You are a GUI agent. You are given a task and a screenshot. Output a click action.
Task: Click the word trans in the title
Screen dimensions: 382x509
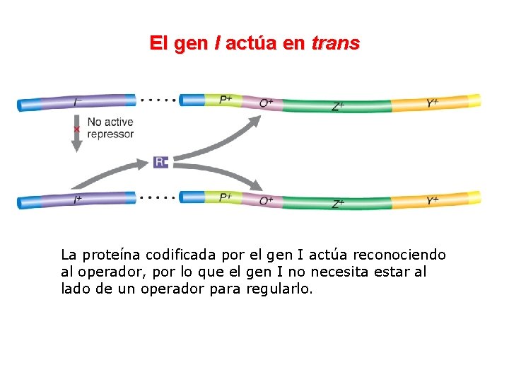tap(335, 43)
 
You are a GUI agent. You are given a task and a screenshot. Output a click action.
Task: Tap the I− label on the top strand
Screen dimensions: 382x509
tap(78, 103)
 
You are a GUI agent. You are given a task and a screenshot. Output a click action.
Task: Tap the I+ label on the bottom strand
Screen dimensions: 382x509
tap(78, 200)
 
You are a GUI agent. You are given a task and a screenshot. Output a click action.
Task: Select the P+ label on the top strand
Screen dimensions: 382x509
tap(226, 100)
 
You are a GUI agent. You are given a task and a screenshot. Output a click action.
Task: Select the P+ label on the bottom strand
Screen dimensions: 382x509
tap(226, 197)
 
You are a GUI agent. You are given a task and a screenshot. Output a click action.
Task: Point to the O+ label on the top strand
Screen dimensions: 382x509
tap(267, 103)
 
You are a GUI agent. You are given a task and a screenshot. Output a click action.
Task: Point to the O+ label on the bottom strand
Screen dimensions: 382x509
tap(267, 201)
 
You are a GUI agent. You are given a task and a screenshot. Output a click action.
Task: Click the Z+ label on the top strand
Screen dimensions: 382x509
tap(339, 107)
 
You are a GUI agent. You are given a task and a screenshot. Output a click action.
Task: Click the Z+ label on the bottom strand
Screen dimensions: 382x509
tap(339, 204)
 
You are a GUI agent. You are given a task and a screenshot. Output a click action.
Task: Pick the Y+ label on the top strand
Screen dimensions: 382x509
tap(433, 103)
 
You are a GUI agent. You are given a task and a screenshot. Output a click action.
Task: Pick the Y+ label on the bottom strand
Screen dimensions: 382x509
tap(433, 201)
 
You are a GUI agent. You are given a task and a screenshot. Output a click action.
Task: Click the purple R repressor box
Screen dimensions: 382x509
tap(161, 162)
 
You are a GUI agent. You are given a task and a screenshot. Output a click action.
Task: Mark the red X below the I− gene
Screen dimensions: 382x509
tap(76, 129)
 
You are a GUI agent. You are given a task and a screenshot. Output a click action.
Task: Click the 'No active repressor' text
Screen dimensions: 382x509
tap(110, 128)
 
